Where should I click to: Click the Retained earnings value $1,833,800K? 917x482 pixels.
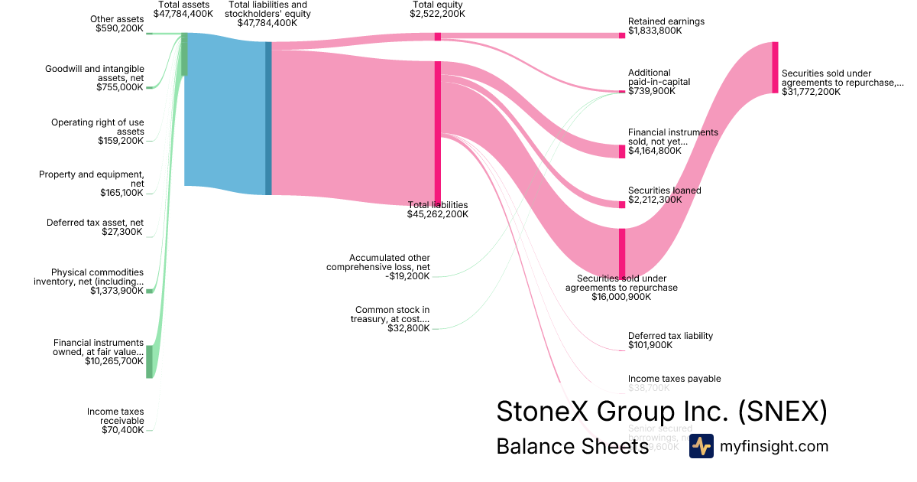[656, 31]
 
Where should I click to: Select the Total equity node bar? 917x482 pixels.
[438, 36]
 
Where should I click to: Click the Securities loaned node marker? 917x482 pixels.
[622, 204]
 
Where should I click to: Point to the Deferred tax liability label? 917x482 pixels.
[670, 335]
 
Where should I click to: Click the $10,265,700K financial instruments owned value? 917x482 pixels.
[115, 361]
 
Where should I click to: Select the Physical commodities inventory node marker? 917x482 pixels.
[149, 291]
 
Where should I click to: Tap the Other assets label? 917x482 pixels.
[117, 19]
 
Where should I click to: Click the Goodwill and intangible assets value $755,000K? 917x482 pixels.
[120, 87]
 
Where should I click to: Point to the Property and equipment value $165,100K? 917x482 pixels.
[122, 193]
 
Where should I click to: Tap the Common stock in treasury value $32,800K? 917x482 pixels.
[409, 328]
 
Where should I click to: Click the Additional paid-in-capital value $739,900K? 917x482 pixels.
[652, 91]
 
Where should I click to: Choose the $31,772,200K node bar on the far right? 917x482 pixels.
[775, 68]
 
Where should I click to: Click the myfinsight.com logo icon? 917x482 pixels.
[702, 446]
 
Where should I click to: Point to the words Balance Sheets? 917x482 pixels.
[572, 446]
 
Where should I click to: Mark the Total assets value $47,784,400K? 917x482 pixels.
[183, 14]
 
